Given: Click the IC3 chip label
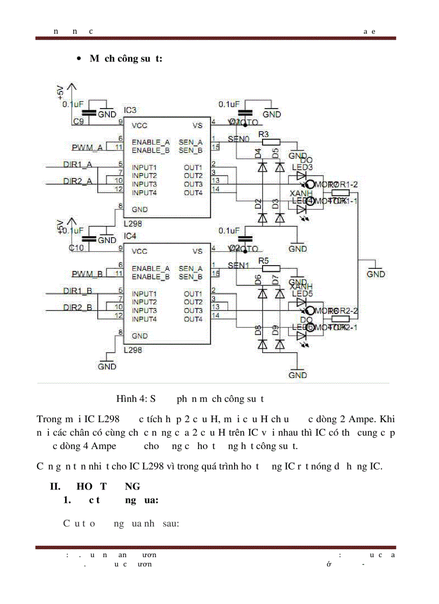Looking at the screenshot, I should pos(130,110).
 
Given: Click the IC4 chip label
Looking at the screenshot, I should pos(130,236).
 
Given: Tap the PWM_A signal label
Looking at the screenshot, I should pos(87,147).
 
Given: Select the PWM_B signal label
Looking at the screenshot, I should pos(87,274).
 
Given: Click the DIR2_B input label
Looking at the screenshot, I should pos(77,308).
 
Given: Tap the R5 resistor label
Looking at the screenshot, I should pos(264,260).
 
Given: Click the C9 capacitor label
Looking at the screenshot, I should pos(78,122).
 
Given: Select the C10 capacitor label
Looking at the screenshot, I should pos(77,248).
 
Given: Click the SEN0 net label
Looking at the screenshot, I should pos(239,139).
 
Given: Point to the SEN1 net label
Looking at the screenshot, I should pos(239,265).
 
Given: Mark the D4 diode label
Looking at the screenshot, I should pos(258,153).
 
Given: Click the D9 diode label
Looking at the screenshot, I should pos(275,330).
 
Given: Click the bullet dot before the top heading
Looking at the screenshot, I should pos(80,59).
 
